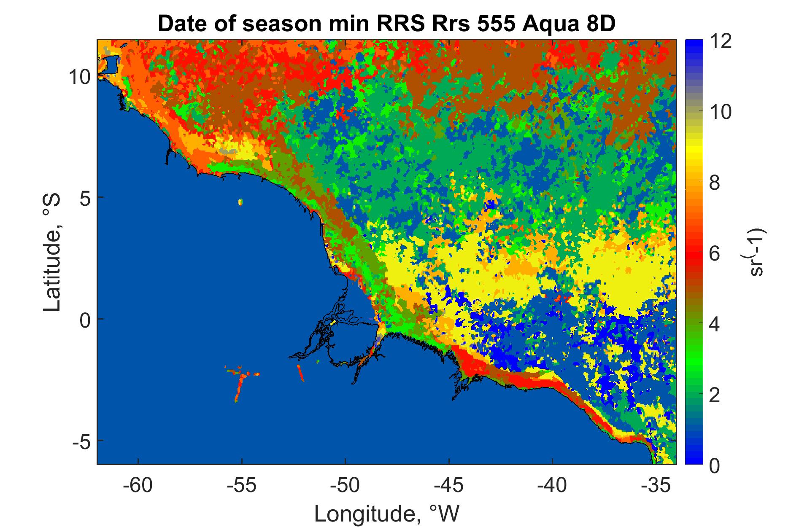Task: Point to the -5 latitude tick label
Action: click(81, 441)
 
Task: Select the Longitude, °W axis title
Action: click(386, 513)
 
